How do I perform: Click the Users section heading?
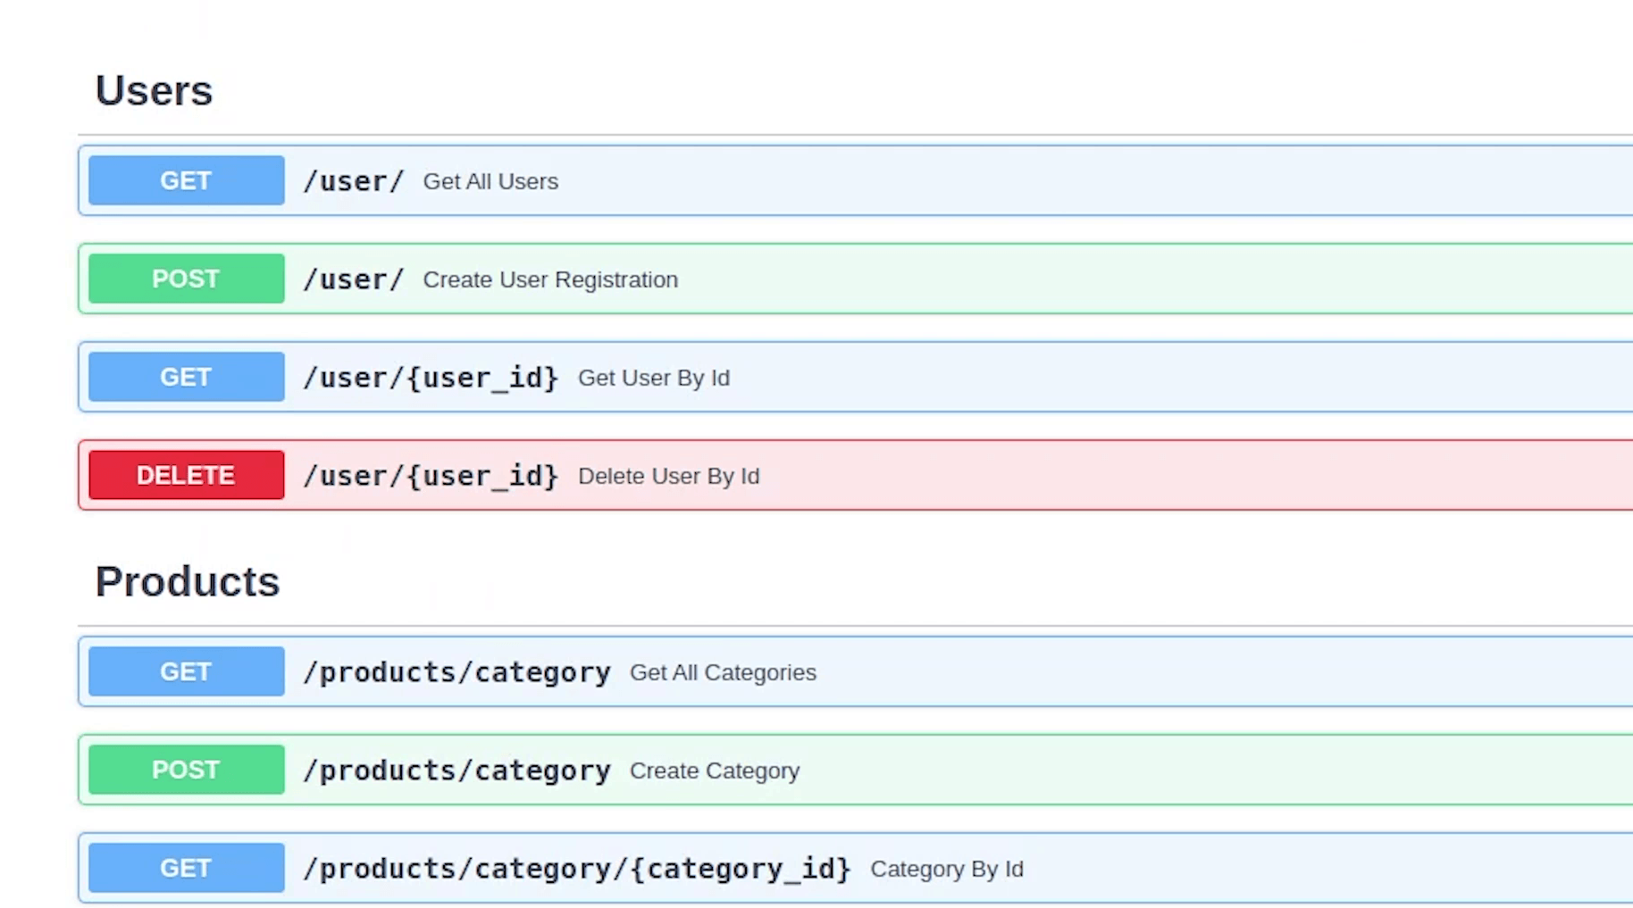coord(154,91)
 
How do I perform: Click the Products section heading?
coord(188,582)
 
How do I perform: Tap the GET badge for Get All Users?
coord(187,180)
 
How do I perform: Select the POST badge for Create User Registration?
coord(187,279)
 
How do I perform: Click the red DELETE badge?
coord(187,475)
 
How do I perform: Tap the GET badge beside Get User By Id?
coord(187,377)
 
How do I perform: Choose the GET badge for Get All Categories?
coord(187,671)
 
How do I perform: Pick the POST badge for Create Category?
coord(187,770)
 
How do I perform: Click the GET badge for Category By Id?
coord(187,868)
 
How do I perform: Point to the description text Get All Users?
coord(490,181)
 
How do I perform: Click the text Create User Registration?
coord(550,279)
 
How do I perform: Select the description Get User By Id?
coord(654,378)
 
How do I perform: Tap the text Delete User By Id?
coord(669,476)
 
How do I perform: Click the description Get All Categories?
coord(723,672)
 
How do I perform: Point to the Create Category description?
coord(715,771)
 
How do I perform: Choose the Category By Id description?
coord(947,869)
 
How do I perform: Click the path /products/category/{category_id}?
coord(577,869)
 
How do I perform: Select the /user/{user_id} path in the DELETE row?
coord(431,476)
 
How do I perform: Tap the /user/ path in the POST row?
coord(354,279)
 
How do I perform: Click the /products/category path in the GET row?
coord(457,672)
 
